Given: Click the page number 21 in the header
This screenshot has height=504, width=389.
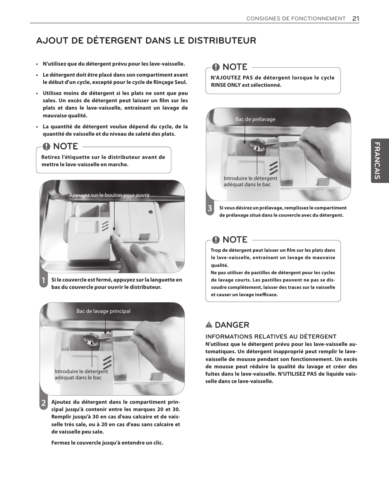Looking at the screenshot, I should click(356, 18).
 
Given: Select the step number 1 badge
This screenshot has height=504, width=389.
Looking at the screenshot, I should click(44, 281).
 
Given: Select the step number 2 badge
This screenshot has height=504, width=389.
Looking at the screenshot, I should click(44, 403).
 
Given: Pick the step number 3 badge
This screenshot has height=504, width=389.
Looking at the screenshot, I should click(210, 209).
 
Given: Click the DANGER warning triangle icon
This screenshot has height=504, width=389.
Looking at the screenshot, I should click(209, 325).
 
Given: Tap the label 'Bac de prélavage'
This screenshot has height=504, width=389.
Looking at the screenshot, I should click(255, 119).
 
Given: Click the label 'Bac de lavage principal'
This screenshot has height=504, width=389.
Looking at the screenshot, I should click(104, 311).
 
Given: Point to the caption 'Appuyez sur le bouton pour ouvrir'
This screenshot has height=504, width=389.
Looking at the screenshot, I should click(109, 195).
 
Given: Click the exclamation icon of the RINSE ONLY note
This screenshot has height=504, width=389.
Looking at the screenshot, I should click(215, 67).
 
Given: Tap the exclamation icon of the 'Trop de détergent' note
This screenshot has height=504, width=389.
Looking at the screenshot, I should click(215, 240).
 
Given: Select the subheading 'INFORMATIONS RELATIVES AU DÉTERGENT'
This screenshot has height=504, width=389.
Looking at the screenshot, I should click(271, 337).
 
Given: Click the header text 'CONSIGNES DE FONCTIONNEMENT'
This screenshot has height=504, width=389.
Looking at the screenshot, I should click(296, 19).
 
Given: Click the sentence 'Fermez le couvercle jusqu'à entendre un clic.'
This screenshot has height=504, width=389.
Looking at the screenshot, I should click(107, 443).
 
